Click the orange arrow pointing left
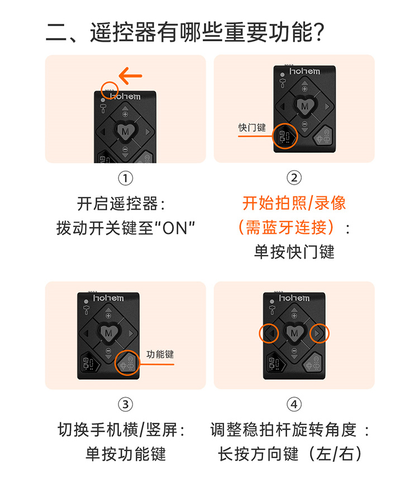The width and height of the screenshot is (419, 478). click(x=130, y=76)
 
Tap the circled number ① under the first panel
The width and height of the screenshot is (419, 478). click(x=126, y=178)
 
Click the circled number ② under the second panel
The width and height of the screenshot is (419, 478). click(x=294, y=178)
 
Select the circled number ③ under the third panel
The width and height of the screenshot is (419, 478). click(x=126, y=404)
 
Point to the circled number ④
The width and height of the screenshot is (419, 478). click(x=294, y=404)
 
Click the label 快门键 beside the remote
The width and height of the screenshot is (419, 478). click(x=252, y=127)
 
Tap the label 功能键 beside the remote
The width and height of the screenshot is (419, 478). click(x=160, y=354)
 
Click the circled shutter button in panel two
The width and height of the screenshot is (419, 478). click(x=285, y=136)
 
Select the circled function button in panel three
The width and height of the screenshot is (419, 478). click(x=127, y=363)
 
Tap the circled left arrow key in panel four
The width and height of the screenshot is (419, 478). click(x=269, y=334)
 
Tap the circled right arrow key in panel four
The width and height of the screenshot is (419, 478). click(x=320, y=334)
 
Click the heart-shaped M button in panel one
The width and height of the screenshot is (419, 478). click(x=125, y=132)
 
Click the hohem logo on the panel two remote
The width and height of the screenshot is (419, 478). click(x=304, y=71)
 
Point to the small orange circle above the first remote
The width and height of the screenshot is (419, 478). click(x=109, y=90)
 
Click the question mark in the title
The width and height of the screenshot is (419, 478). click(x=318, y=32)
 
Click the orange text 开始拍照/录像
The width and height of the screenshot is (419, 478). click(x=294, y=203)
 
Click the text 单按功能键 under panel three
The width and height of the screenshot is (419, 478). click(x=126, y=454)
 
